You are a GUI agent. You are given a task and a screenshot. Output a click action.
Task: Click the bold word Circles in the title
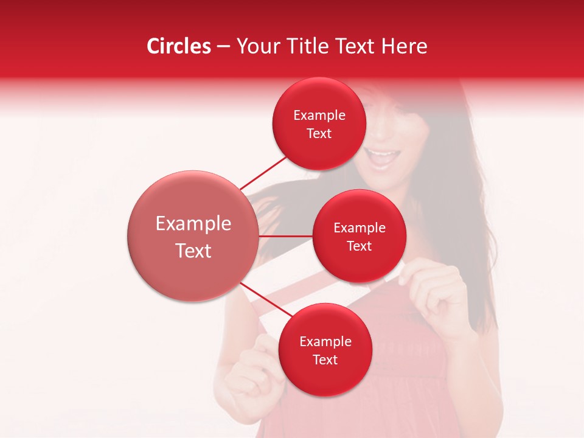coord(179,46)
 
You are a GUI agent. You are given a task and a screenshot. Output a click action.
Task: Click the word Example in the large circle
coord(193,224)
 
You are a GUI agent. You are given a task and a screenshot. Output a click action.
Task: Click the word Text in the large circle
coord(193,251)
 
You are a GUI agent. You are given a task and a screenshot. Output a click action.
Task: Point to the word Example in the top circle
coord(319,116)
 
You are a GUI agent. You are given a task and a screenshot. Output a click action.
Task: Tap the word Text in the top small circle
coord(319,134)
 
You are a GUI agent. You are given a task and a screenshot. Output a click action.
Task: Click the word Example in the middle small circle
coord(360,228)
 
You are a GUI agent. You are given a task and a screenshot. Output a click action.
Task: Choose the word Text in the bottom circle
coord(325,360)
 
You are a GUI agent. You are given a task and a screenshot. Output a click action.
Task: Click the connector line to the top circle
coord(263,173)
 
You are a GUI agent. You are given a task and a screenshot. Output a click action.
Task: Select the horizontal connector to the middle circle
coord(285,235)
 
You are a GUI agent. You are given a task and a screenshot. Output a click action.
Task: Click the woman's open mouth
coord(383,159)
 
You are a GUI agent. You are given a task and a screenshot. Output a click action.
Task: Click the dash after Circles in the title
coord(223,46)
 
